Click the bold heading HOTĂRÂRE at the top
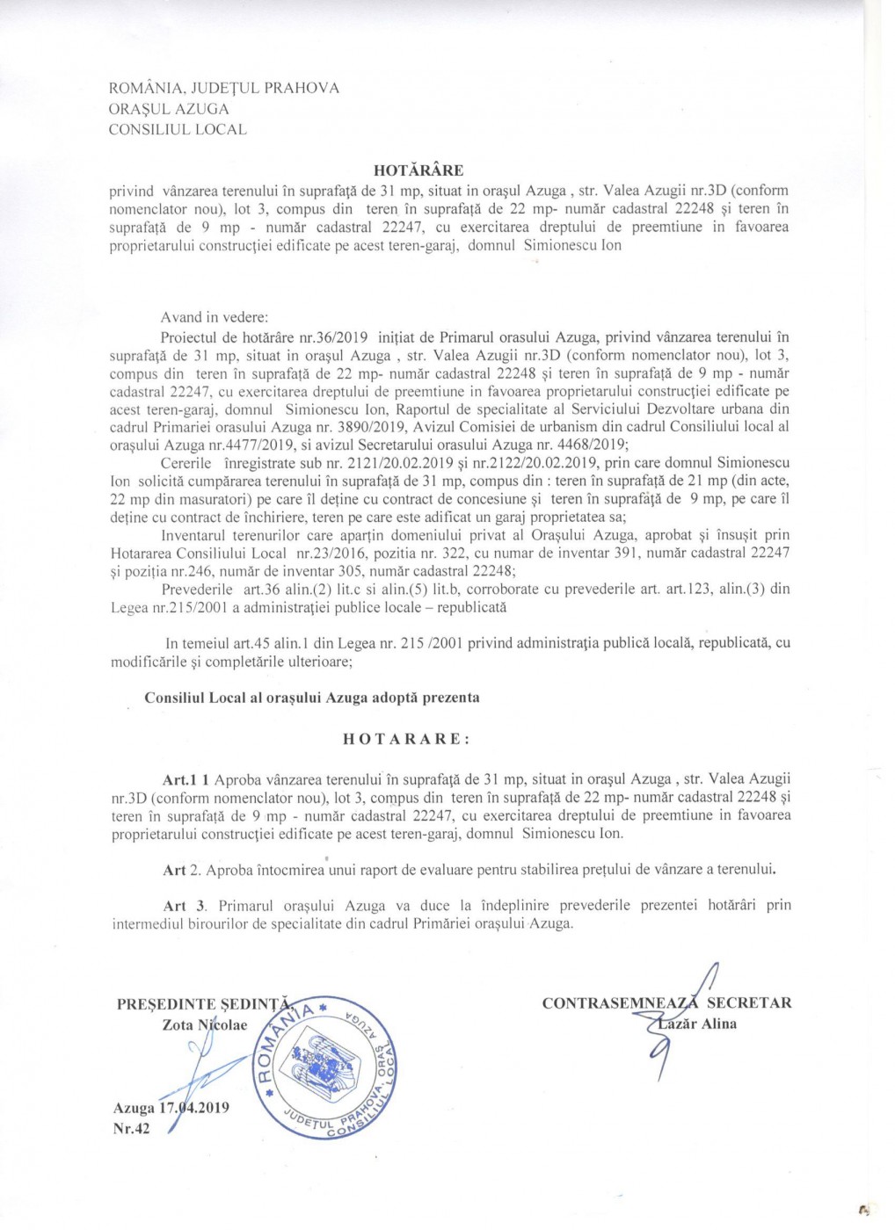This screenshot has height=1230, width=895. click(x=418, y=170)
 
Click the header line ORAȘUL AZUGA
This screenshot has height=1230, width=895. click(x=169, y=109)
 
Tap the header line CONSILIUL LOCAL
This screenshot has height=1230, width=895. click(x=178, y=130)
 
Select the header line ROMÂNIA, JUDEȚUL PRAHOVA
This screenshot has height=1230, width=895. click(x=223, y=88)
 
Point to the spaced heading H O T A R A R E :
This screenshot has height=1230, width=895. click(x=406, y=739)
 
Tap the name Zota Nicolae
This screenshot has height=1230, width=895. click(x=205, y=1024)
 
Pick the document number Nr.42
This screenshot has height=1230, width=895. click(x=132, y=1128)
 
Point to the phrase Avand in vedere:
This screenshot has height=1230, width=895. click(x=214, y=317)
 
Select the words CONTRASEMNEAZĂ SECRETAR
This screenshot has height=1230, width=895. click(x=666, y=1002)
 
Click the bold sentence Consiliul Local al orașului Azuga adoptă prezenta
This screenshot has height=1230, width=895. click(x=312, y=698)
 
